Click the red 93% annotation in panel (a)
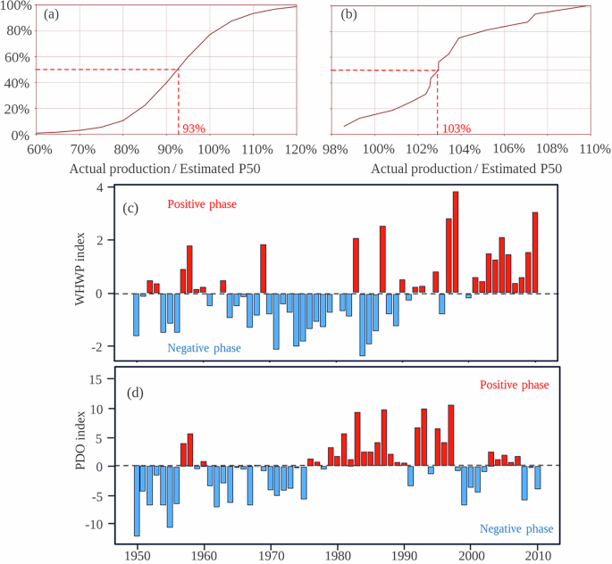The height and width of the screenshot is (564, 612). click(194, 128)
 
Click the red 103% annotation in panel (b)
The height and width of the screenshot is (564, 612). click(455, 128)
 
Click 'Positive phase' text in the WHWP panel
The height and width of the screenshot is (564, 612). click(202, 204)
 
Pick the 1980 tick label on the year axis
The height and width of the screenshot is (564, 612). click(338, 554)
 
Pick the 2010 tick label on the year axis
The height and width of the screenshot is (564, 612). click(538, 554)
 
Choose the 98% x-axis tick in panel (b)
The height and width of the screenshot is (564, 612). click(336, 147)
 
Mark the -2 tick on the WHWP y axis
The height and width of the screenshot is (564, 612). click(101, 346)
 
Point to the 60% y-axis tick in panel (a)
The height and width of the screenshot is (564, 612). click(19, 57)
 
